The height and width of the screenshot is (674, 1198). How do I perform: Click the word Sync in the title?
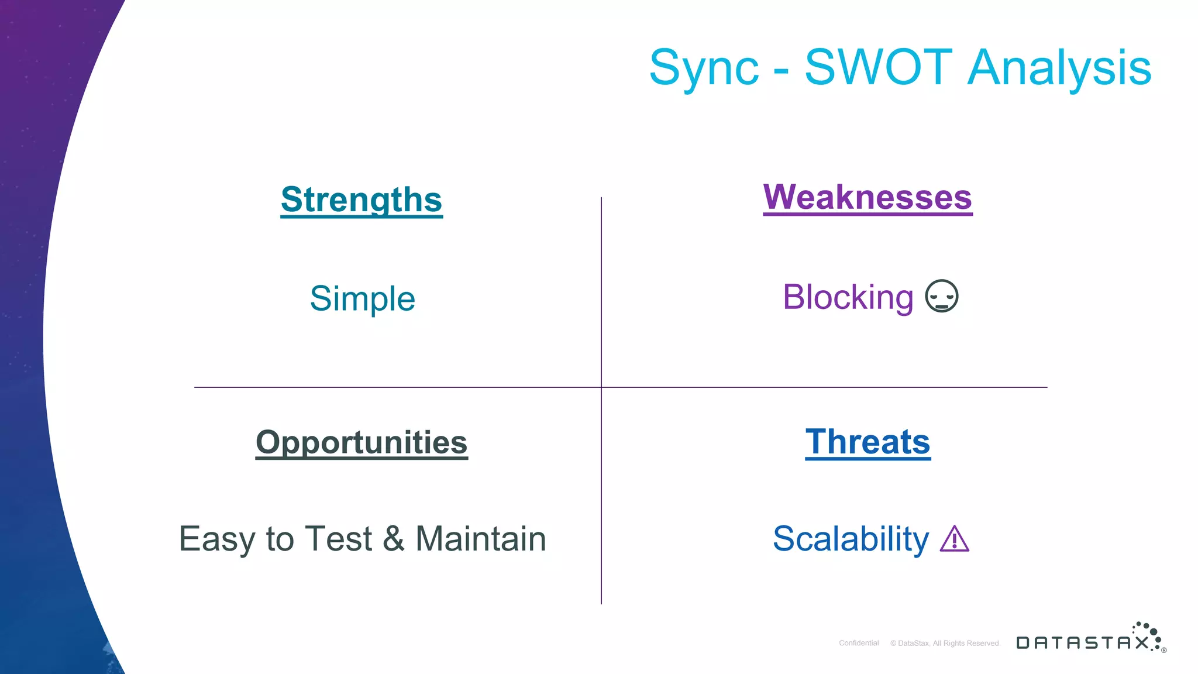click(x=704, y=69)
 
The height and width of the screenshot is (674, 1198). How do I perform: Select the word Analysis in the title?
click(x=1059, y=69)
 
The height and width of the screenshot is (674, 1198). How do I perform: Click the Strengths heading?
click(x=362, y=200)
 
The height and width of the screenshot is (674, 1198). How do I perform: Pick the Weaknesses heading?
click(x=867, y=197)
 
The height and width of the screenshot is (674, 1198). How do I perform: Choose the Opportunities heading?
click(x=362, y=442)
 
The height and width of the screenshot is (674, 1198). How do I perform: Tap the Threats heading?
click(x=867, y=442)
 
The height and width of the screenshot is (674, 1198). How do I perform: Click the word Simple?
click(x=362, y=299)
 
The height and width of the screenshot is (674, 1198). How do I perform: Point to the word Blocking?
click(x=848, y=297)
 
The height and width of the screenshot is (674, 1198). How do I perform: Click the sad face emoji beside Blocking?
click(x=941, y=296)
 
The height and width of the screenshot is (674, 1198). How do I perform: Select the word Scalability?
click(x=851, y=539)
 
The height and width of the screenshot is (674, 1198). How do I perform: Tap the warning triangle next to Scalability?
click(x=955, y=539)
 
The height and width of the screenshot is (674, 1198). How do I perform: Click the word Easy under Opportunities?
click(x=217, y=539)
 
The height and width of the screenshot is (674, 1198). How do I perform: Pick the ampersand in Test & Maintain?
click(x=393, y=538)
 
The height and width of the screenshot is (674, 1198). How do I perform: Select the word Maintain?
click(x=480, y=538)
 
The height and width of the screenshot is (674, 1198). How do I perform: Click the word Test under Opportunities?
click(x=338, y=538)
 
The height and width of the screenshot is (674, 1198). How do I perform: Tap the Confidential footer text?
click(x=859, y=643)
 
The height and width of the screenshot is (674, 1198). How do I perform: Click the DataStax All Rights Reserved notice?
click(x=945, y=643)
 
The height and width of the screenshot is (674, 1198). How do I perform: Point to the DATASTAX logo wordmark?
click(x=1082, y=642)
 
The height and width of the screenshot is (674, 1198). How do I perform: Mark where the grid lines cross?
click(x=601, y=387)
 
